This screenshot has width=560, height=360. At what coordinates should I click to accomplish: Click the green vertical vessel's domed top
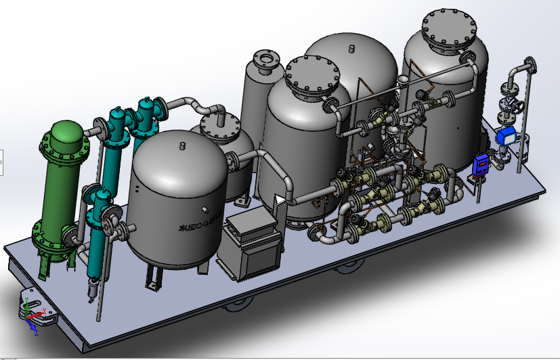pos(66,133)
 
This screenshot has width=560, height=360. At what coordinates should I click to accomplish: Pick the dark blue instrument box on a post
pos(481,163)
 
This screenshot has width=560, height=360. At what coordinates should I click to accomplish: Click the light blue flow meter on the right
pos(507,135)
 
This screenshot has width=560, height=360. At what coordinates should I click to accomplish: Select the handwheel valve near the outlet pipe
pos(514,104)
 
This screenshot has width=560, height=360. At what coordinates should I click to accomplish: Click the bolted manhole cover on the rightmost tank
pos(453,27)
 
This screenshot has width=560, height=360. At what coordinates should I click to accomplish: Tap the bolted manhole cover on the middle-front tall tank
pos(311,75)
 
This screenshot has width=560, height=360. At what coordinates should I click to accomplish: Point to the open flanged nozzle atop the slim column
pos(263,60)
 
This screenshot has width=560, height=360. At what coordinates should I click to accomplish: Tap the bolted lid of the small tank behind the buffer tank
pos(220,125)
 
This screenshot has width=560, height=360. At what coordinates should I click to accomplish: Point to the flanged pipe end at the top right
pos(532,65)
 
